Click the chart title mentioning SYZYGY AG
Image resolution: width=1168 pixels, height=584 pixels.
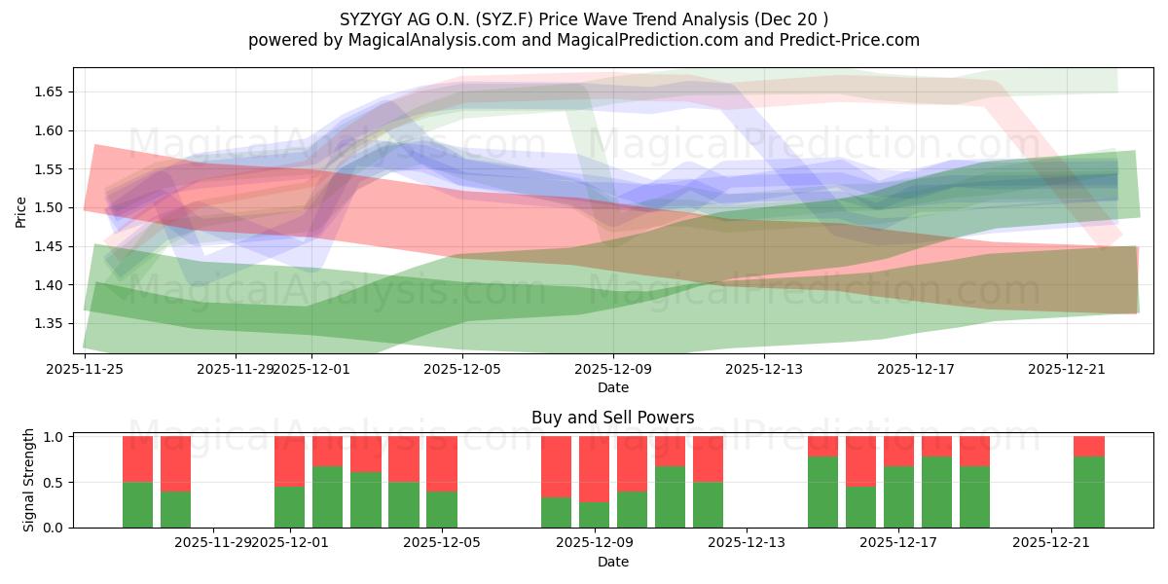coord(584,18)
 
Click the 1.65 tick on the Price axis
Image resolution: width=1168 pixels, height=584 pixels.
coord(49,92)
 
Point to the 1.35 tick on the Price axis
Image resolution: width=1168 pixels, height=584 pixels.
coord(49,324)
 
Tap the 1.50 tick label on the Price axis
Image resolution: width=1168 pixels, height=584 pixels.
coord(49,208)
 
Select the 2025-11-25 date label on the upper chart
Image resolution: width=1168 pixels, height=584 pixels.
coord(86,369)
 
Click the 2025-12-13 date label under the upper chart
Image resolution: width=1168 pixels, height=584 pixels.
coord(764,369)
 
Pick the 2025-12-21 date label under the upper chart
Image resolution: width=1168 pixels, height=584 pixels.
coord(1066,369)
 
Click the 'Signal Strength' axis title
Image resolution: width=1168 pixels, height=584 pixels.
coord(29,480)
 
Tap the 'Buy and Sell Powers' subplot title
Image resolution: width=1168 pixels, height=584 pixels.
coord(613,418)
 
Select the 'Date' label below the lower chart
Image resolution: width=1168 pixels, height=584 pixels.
coord(613,562)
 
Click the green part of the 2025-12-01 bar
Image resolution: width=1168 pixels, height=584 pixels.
coord(290,506)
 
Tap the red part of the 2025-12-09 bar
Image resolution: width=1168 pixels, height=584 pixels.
coord(594,467)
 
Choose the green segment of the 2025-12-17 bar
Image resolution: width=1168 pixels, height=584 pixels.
coord(898,496)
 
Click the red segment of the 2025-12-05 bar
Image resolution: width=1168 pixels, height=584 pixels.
coord(442,462)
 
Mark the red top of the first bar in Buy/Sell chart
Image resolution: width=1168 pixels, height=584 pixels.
coord(137,458)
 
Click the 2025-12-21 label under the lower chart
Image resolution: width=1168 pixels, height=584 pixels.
coord(1051,542)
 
